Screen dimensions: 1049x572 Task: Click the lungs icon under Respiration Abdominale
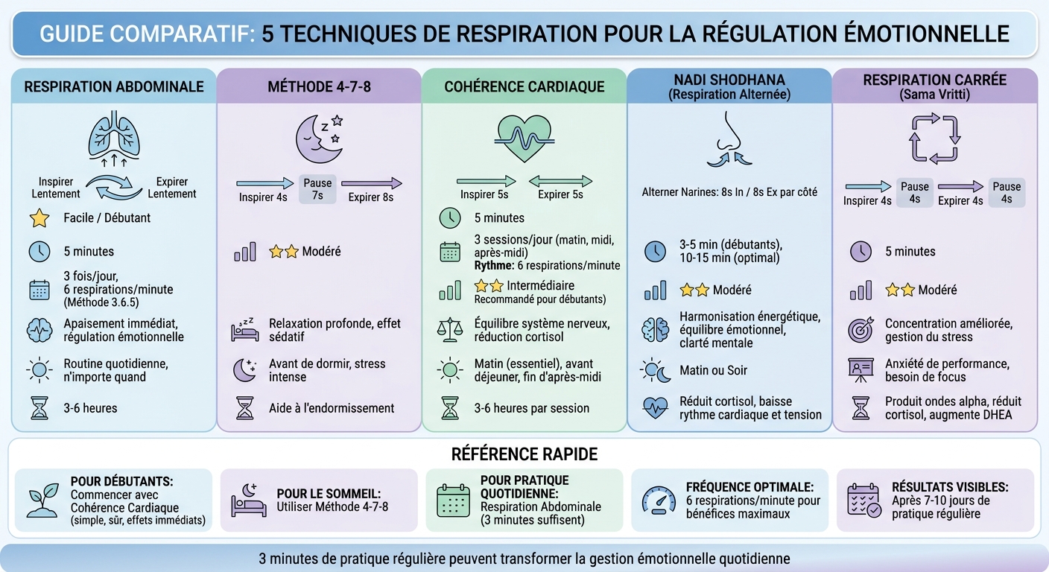click(113, 136)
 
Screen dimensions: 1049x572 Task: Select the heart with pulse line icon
click(524, 137)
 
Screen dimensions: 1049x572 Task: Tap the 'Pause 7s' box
click(318, 188)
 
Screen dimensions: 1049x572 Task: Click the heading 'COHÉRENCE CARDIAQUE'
click(524, 86)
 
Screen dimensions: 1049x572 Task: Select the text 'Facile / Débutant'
click(107, 218)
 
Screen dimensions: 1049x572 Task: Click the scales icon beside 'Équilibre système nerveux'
click(450, 330)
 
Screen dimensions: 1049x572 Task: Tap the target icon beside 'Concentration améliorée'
click(861, 330)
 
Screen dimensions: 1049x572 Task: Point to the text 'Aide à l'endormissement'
click(332, 408)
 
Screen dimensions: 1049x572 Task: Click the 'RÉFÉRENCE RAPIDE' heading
click(524, 454)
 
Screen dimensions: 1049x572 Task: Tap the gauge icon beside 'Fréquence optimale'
click(659, 500)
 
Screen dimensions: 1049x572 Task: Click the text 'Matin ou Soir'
click(713, 370)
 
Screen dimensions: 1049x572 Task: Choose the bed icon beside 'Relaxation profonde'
click(245, 328)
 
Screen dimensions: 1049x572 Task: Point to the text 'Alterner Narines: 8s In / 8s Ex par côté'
click(729, 192)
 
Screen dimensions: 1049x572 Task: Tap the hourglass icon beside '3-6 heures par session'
click(450, 408)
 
